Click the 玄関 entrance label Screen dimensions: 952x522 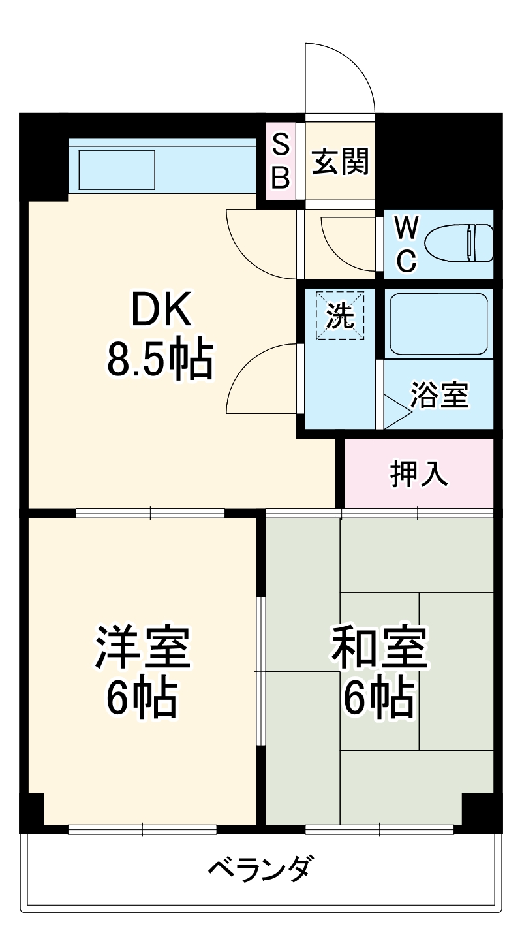point(340,161)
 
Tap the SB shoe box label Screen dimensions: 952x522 point(281,161)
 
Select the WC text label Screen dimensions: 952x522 point(407,244)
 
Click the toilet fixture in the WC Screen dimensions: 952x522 point(459,243)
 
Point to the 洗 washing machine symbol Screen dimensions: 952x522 point(340,315)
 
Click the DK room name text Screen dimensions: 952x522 point(161,309)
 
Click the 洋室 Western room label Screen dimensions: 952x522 point(142,647)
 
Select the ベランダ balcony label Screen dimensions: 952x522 point(259,869)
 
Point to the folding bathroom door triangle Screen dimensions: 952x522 point(396,411)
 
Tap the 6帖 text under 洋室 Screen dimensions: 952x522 point(142,697)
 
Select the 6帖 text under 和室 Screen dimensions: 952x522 point(379,697)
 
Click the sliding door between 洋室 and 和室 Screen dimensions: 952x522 point(260,671)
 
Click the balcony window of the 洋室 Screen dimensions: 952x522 point(142,830)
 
